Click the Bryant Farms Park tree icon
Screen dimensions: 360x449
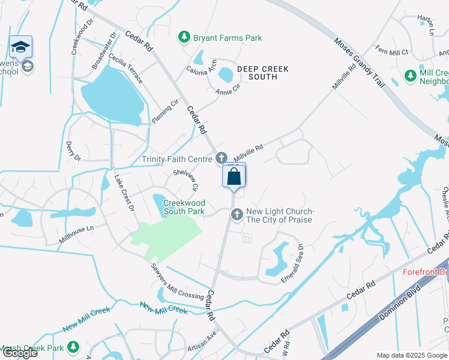click(x=185, y=38)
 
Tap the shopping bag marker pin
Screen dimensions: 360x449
click(x=234, y=176)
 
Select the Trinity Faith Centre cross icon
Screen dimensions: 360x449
click(x=221, y=158)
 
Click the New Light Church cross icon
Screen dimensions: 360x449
click(x=237, y=214)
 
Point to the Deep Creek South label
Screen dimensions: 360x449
click(x=262, y=73)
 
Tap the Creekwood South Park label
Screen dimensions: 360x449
click(x=184, y=208)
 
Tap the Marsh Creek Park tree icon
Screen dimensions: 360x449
click(x=73, y=347)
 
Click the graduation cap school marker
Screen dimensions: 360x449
click(x=21, y=47)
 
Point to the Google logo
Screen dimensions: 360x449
click(x=20, y=353)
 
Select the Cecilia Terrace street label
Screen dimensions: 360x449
click(x=125, y=68)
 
